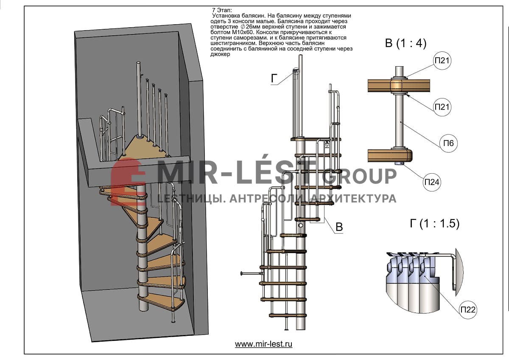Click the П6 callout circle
448,143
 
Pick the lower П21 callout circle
442,107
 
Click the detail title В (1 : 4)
405,44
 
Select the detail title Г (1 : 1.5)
434,224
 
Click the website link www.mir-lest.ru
263,344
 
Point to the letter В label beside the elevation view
339,227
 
